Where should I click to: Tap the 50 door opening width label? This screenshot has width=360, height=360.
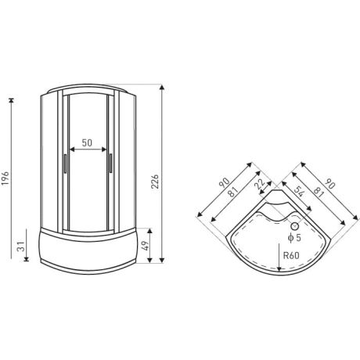[x=86, y=143]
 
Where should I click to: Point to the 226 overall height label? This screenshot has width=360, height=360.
[x=153, y=182]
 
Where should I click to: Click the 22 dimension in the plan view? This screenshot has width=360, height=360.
[x=259, y=185]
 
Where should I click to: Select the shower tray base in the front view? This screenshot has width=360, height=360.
[x=88, y=249]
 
